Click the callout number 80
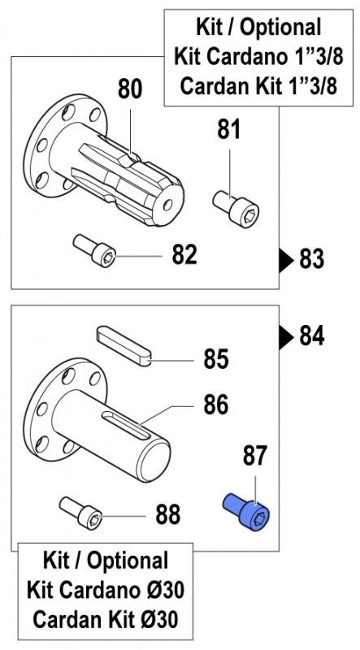(x=130, y=89)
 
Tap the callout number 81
(x=229, y=130)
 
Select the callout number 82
(x=184, y=255)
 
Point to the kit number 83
(x=312, y=260)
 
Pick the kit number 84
(x=312, y=336)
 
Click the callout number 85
(x=215, y=359)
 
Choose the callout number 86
(x=215, y=405)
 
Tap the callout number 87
(x=255, y=457)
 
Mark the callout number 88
(x=168, y=515)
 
